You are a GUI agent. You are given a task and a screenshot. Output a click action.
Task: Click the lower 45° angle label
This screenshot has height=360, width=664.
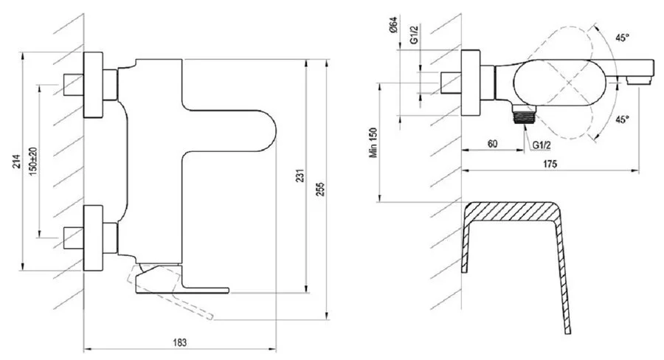pos(623,119)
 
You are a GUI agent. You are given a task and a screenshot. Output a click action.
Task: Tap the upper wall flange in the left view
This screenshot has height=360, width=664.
pos(94,86)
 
